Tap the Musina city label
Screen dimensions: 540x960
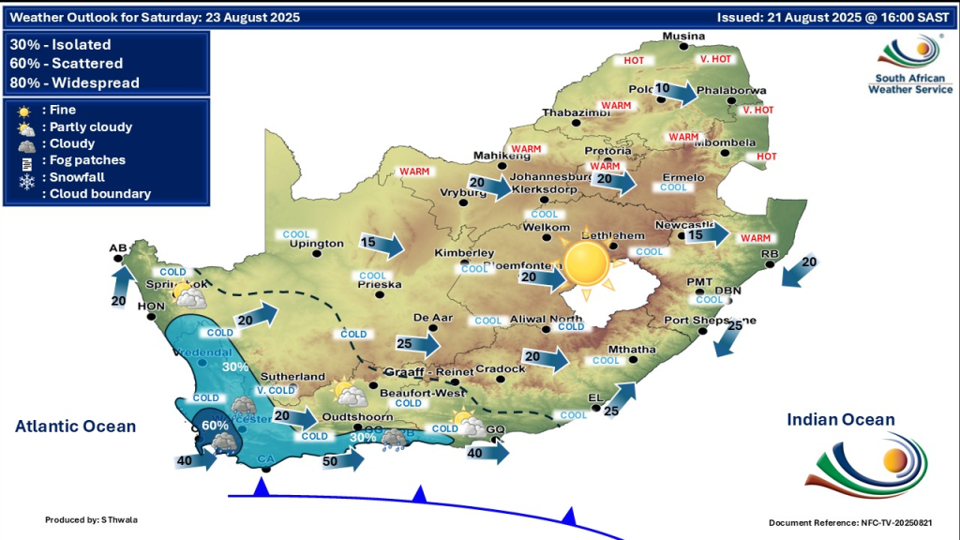[x=682, y=37]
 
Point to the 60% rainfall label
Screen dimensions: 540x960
[x=215, y=426]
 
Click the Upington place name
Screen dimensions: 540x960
[x=318, y=244]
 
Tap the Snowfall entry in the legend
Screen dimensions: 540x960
[x=77, y=177]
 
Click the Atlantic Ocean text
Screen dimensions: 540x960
[x=75, y=427]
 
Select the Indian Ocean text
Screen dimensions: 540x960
[x=841, y=420]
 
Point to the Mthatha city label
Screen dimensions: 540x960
[x=632, y=350]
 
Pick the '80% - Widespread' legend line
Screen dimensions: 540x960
[x=75, y=82]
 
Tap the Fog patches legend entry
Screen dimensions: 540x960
[x=87, y=160]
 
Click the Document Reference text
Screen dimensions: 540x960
[x=850, y=522]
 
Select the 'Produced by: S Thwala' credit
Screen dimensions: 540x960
[x=91, y=519]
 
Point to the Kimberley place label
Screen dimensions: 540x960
[x=464, y=254]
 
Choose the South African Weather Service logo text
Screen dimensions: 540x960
[x=910, y=83]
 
